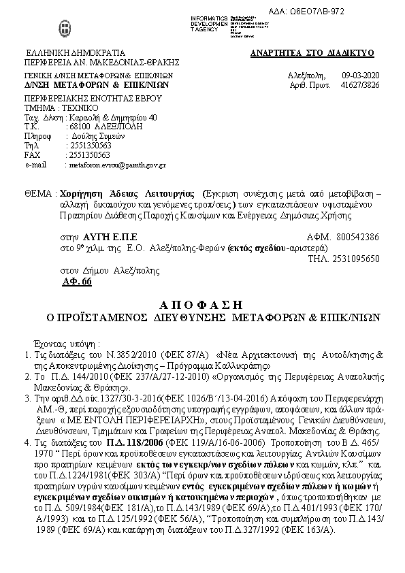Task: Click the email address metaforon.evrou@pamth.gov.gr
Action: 115,165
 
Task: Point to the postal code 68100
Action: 79,127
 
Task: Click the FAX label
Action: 32,155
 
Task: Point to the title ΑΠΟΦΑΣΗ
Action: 202,304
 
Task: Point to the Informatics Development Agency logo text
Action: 210,22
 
